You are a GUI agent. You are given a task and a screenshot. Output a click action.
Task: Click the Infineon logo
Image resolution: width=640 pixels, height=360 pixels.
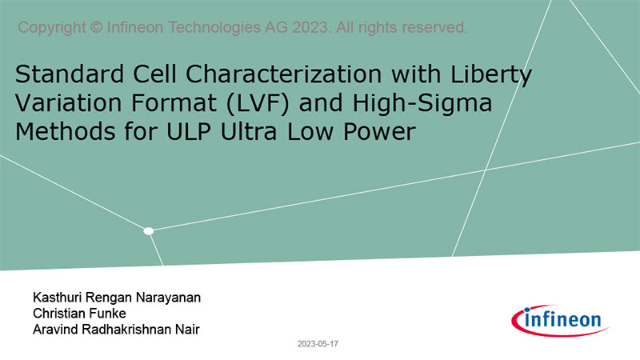tap(560, 321)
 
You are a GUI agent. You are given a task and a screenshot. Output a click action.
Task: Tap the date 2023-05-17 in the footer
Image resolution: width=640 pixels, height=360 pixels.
tap(318, 344)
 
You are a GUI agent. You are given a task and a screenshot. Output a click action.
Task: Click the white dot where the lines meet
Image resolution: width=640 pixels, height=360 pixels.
tap(149, 231)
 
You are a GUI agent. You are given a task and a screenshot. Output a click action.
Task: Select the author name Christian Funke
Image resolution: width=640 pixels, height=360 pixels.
tap(79, 314)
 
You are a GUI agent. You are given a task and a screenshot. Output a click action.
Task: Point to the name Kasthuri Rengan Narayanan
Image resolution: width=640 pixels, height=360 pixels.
tap(117, 298)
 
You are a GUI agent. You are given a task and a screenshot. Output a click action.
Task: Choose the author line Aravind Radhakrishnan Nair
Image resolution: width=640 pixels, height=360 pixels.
tap(116, 330)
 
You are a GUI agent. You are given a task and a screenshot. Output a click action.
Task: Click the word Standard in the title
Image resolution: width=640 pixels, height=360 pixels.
tap(70, 74)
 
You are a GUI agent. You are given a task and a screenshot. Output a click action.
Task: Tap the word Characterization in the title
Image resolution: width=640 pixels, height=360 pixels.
tap(283, 74)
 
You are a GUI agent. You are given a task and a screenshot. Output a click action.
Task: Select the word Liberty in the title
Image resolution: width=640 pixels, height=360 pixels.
tap(491, 75)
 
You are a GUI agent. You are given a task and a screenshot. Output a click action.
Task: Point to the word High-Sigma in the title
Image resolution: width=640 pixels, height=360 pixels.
tap(422, 104)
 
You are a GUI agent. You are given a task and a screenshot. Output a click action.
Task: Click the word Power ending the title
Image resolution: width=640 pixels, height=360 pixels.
tap(379, 132)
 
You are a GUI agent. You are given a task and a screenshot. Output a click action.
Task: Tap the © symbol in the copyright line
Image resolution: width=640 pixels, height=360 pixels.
tap(96, 28)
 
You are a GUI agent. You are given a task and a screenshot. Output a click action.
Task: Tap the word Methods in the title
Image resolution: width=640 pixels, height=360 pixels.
tap(66, 132)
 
